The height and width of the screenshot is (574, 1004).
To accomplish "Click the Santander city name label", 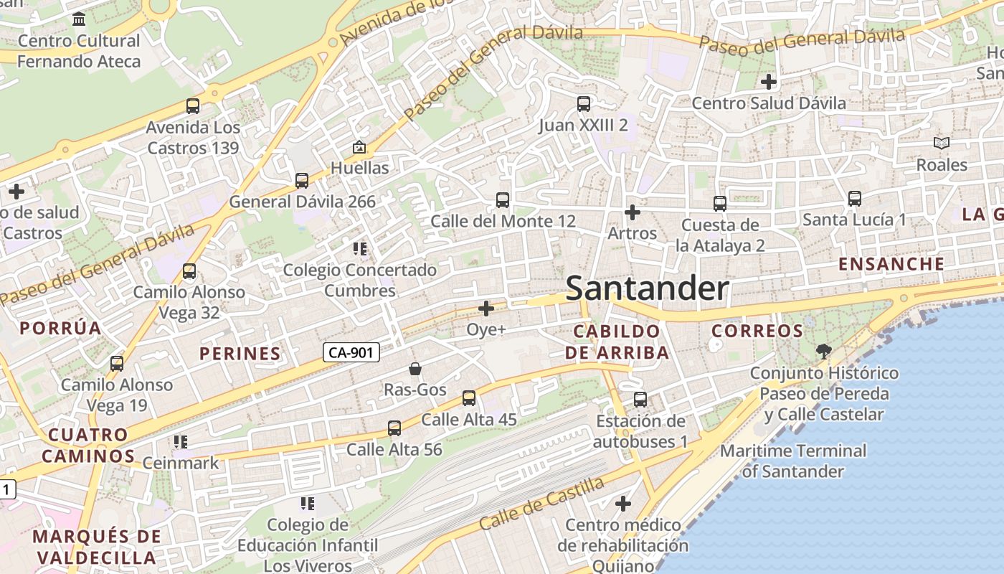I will (647, 288).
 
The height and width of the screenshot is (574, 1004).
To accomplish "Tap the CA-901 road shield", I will (351, 352).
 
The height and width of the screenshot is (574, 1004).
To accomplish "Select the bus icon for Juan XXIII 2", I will (584, 104).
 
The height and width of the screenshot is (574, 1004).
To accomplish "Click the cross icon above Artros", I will (632, 212).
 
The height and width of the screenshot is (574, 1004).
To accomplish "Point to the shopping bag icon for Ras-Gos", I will (415, 370).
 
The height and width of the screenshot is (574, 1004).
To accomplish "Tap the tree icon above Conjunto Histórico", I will (823, 352).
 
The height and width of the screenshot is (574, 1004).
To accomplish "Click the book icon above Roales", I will (942, 143).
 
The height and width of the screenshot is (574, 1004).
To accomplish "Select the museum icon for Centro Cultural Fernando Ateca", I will (79, 19).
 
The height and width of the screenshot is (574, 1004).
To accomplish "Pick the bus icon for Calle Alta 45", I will (469, 398).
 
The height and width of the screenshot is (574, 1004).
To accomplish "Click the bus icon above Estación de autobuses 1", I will (640, 400).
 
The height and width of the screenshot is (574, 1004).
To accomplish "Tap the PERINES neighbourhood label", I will (240, 353).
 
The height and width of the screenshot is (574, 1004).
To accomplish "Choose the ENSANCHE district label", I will (891, 264).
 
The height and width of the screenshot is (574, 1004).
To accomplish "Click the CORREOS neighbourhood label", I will (757, 331).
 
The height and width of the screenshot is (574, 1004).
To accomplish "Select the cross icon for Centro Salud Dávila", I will (769, 82).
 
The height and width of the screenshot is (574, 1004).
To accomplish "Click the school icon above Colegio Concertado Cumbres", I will (359, 249).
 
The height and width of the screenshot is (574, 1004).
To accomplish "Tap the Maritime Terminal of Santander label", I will (793, 461).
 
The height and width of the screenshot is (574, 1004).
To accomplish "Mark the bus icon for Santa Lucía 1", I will (854, 199).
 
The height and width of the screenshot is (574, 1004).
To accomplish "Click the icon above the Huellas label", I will (359, 148).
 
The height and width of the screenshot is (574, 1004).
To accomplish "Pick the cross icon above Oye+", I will (486, 309).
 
